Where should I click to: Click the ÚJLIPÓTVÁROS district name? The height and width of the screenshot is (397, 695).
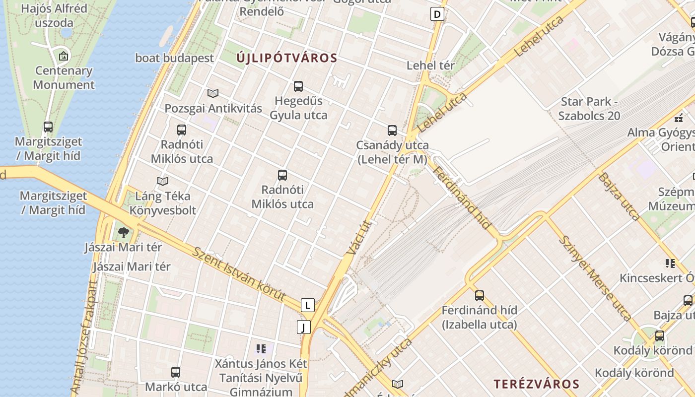coord(286,58)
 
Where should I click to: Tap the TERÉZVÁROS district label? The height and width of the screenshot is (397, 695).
coord(536,384)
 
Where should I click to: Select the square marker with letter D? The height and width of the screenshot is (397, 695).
coord(437,14)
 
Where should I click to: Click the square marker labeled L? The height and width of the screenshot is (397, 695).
coord(308,305)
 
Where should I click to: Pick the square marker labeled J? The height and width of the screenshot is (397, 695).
coord(303,327)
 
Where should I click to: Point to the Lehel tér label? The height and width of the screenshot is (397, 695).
coord(430,65)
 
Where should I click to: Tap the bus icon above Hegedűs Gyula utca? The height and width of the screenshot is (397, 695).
coord(298,86)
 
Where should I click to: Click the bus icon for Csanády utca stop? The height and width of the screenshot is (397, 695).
coord(392,131)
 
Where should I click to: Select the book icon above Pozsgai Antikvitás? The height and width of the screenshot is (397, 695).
coord(213,93)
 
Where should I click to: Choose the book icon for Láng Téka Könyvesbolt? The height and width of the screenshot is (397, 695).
coord(163,181)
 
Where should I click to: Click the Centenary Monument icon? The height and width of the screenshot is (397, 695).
coord(64,56)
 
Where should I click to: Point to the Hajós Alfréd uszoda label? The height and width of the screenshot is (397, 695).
coord(48,15)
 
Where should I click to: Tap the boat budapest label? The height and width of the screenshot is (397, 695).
coord(175,58)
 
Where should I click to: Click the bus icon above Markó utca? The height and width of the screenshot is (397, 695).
coord(176,372)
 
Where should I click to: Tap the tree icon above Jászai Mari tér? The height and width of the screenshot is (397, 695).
coord(123,232)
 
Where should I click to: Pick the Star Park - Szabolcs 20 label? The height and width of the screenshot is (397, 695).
coord(589,109)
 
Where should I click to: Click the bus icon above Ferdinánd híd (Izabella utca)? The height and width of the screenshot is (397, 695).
coord(480,296)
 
